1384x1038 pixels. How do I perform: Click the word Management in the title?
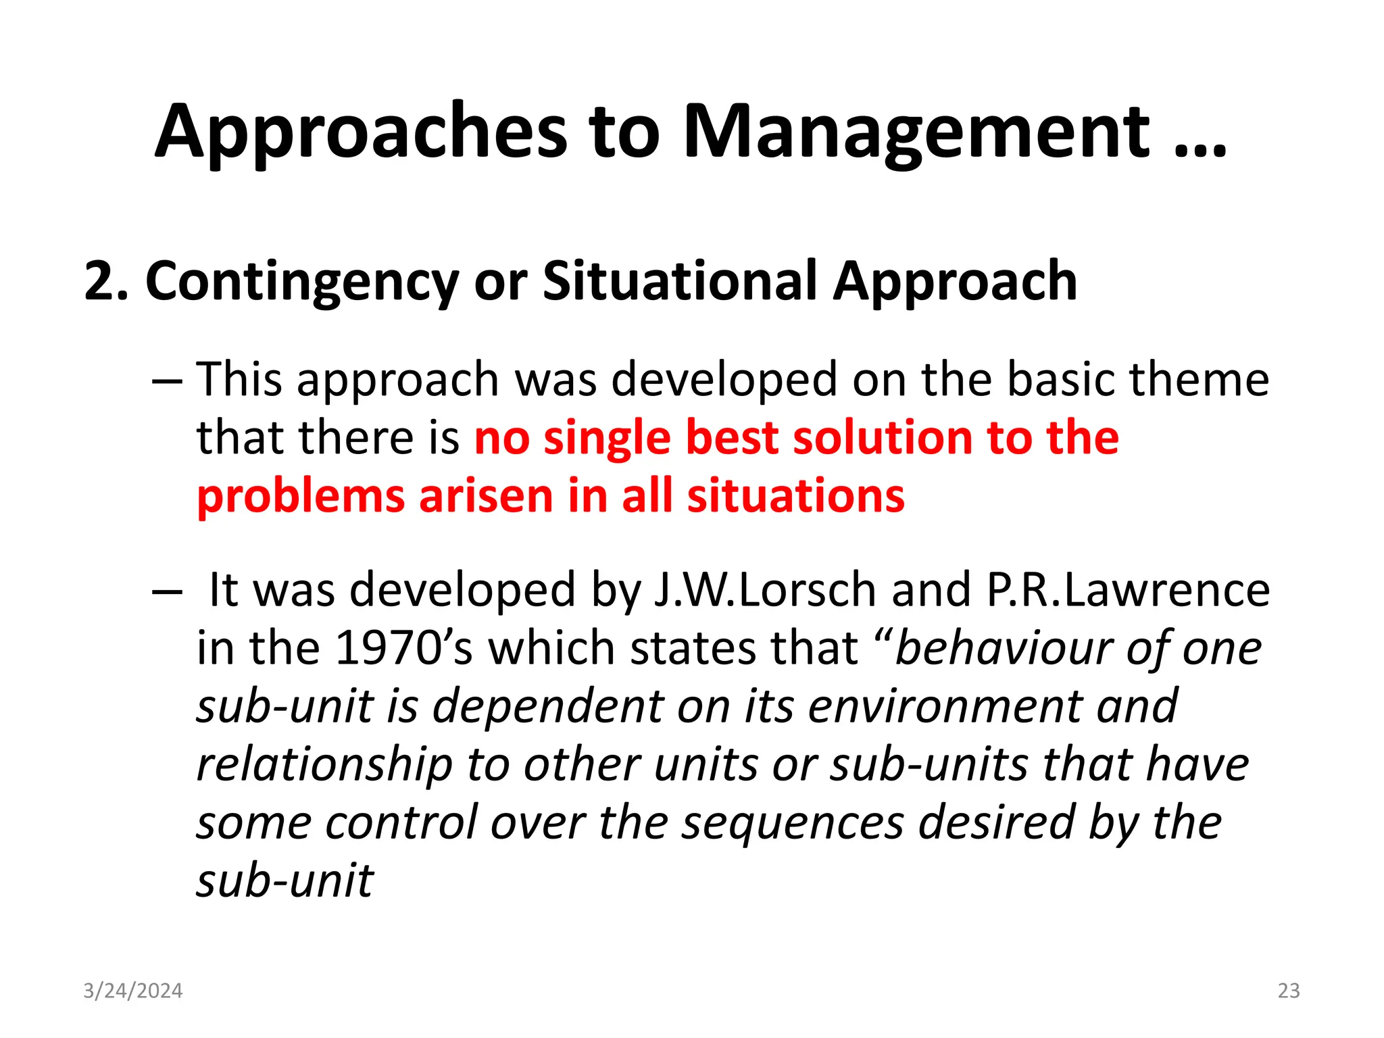click(x=916, y=132)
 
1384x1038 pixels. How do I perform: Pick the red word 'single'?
click(x=606, y=439)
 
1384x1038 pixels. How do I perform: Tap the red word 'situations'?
click(x=795, y=496)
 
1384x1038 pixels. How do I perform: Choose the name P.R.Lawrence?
click(x=1128, y=590)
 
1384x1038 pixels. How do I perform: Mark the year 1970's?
click(x=403, y=648)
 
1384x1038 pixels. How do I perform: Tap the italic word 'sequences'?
click(x=792, y=823)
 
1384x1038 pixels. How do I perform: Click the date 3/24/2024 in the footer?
click(x=132, y=991)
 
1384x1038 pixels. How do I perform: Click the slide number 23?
click(x=1289, y=991)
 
